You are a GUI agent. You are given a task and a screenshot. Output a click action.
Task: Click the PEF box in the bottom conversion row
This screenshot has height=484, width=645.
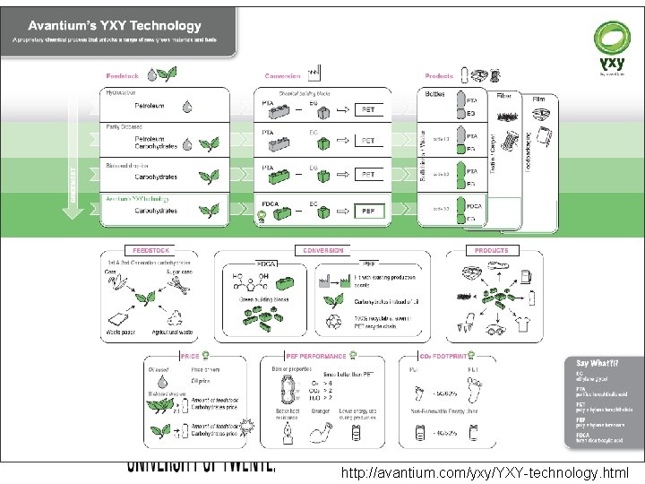(x=368, y=211)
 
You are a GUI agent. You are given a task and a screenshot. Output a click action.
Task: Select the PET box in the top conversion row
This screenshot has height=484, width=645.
(x=368, y=109)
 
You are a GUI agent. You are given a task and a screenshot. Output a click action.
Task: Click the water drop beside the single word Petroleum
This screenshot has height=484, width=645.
(x=187, y=106)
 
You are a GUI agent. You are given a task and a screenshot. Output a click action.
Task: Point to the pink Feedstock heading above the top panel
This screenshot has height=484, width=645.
(x=122, y=76)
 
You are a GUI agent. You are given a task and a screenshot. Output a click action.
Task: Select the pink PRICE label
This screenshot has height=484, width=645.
(x=190, y=356)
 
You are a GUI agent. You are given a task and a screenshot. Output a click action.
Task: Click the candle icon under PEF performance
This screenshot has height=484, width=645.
(x=288, y=435)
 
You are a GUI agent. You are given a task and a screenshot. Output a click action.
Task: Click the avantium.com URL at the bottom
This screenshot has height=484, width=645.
(x=485, y=472)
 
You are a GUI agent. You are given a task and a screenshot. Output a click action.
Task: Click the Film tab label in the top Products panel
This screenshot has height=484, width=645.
(x=539, y=98)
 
